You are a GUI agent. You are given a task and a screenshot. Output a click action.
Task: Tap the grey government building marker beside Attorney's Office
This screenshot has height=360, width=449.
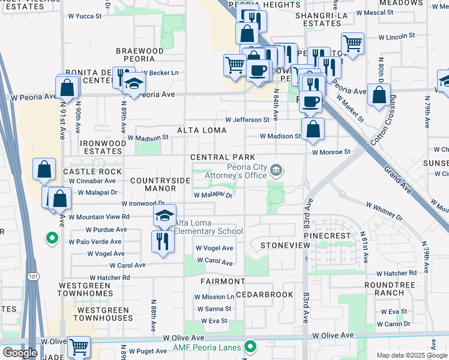(x=276, y=170)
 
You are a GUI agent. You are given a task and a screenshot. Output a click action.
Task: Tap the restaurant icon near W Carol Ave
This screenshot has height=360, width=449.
(x=163, y=242)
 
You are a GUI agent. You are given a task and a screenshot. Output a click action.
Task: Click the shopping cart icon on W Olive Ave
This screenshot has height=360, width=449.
(x=79, y=347)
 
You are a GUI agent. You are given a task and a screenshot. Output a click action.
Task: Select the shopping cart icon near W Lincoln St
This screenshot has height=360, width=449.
(x=352, y=43)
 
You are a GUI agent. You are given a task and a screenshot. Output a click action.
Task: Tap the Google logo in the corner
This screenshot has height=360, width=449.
(x=20, y=352)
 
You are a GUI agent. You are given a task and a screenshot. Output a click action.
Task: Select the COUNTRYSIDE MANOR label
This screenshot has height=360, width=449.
(x=152, y=184)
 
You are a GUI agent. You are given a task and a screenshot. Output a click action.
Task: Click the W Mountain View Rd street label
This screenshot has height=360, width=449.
(x=98, y=217)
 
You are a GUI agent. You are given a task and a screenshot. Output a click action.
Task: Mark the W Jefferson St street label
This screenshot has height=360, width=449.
(x=247, y=120)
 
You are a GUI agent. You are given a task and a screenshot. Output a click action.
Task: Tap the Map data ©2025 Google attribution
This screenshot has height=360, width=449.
(x=411, y=355)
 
